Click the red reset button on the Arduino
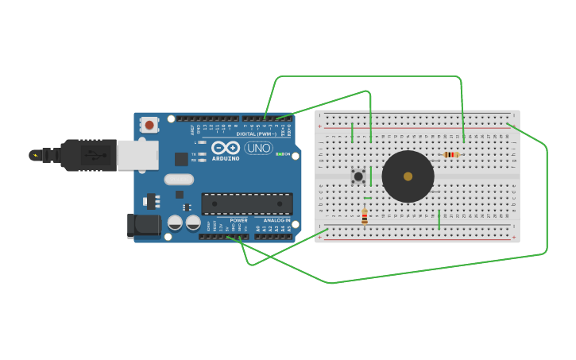tap(149, 125)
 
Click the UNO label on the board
tap(258, 148)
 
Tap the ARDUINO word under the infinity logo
tap(226, 158)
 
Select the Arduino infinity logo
tap(226, 148)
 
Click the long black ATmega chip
tap(246, 204)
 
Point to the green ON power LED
tap(278, 154)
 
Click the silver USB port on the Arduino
tap(137, 155)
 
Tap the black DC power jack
tap(144, 225)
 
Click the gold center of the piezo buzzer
tap(408, 176)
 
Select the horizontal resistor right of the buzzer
tap(451, 155)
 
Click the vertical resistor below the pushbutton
tap(365, 216)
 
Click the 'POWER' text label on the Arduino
tap(238, 220)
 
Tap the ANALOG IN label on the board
tap(276, 220)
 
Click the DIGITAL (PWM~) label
tap(256, 134)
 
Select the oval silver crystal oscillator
tap(179, 180)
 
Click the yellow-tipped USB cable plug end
tap(34, 155)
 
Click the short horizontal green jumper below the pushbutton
tap(367, 198)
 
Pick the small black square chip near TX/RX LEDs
tap(181, 159)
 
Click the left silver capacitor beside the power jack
tap(176, 223)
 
